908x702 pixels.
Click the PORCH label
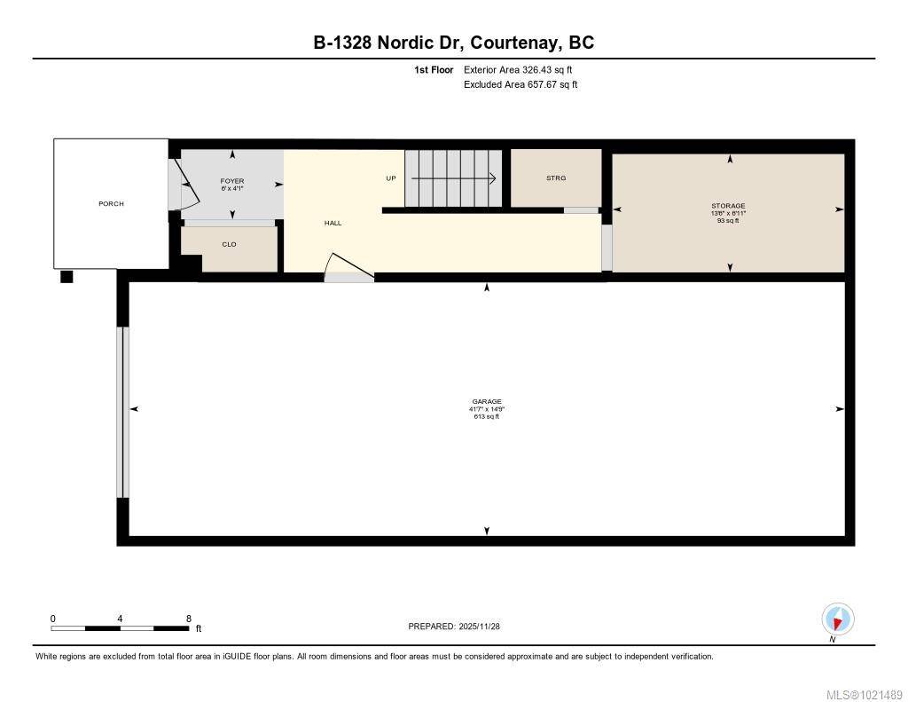tap(111, 204)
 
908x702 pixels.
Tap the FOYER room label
tap(232, 181)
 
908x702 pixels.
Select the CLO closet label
tap(229, 244)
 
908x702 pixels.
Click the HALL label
tap(333, 223)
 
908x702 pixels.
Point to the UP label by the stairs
tap(390, 178)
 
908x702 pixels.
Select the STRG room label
tap(556, 178)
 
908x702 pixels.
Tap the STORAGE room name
tap(729, 206)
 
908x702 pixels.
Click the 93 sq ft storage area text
tap(729, 221)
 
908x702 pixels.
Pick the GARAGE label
tap(487, 401)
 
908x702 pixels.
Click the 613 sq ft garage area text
tap(487, 415)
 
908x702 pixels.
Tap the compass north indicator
tap(837, 619)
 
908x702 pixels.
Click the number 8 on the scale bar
tap(188, 619)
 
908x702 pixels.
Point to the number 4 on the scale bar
tap(120, 619)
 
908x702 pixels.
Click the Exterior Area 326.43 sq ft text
tap(512, 69)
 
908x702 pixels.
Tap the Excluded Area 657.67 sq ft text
tap(521, 85)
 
